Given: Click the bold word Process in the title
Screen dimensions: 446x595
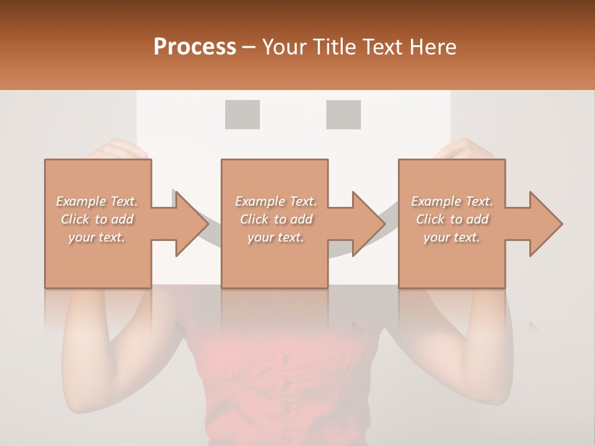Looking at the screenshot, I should pos(195,47).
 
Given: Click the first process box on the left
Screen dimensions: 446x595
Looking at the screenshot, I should pos(98,224).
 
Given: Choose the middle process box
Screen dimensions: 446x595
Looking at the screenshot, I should pos(275,224).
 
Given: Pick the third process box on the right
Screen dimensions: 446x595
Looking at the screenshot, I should pos(452,224).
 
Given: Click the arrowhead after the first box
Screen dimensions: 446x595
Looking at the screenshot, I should pos(190,224).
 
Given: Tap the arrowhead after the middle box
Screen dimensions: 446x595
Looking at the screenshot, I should pos(367,224).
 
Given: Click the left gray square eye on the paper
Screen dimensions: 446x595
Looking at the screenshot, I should pos(242,115).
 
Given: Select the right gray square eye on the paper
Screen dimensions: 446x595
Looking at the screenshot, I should pos(343,115).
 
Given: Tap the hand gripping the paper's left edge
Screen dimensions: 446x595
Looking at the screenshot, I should pos(118,149).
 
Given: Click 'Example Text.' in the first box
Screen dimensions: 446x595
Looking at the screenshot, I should pos(97,201).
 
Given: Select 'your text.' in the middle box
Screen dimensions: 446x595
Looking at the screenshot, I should pos(275,237).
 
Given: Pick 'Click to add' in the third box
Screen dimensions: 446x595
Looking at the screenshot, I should pos(452,219).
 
